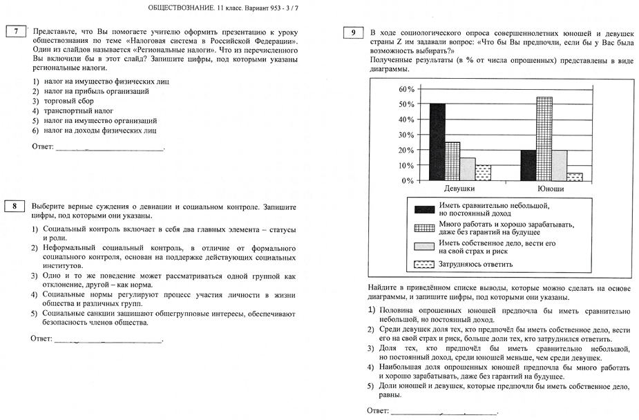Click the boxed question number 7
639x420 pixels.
15,31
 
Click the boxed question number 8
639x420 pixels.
15,206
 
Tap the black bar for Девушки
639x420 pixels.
437,142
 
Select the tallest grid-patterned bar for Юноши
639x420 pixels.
544,139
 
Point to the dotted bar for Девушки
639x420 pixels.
484,173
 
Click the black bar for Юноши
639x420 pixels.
528,165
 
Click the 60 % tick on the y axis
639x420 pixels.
406,89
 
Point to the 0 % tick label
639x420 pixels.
407,181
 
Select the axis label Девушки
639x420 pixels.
459,189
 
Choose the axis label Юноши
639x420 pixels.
551,189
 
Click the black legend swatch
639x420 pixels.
423,208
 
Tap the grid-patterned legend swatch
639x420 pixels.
423,227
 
